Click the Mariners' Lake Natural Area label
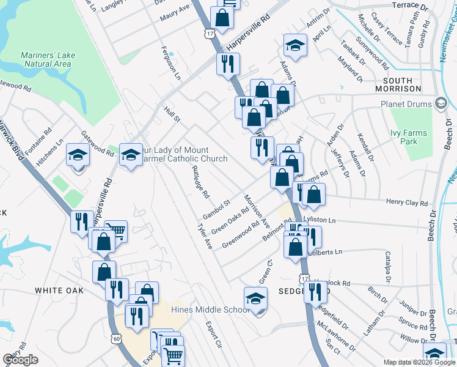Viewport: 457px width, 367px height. pos(48,59)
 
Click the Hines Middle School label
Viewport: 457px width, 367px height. pos(206,310)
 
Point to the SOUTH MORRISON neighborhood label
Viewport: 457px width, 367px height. pos(403,84)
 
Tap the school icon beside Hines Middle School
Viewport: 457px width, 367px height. pos(256,298)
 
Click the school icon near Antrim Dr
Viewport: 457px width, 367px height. pos(295,45)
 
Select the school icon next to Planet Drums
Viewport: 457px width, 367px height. pos(441,103)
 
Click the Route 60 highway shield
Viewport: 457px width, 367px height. pos(117,337)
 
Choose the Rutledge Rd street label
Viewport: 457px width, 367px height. pos(200,182)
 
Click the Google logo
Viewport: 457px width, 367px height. pos(20,360)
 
